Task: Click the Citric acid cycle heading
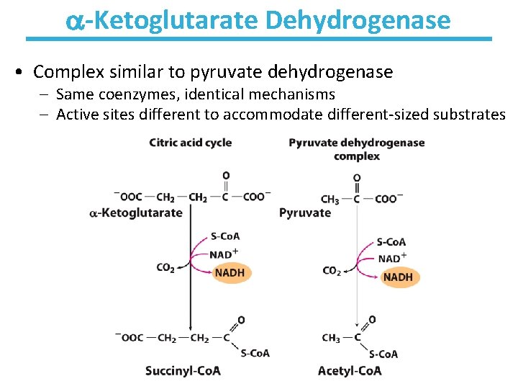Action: (190, 143)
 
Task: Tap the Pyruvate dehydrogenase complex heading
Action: (356, 149)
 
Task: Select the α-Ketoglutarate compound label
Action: (135, 213)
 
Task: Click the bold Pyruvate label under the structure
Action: (304, 213)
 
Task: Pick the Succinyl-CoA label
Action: (183, 371)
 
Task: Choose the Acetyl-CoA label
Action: (349, 371)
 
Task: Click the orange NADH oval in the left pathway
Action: (230, 273)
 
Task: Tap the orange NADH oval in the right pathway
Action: (399, 277)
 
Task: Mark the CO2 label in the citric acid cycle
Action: (165, 268)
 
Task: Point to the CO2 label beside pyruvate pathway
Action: (332, 271)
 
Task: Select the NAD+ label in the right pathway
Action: (392, 258)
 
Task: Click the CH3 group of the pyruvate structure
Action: (330, 200)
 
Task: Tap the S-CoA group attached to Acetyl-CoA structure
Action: (383, 354)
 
